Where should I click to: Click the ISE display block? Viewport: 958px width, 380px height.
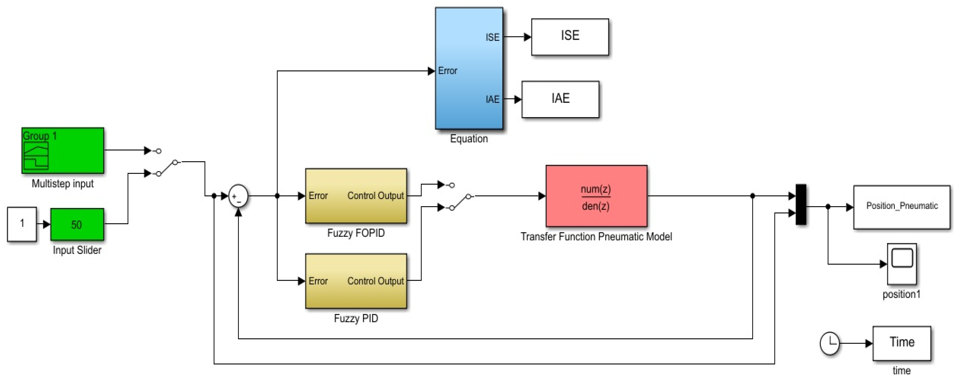(570, 37)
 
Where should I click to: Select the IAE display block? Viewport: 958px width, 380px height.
(560, 99)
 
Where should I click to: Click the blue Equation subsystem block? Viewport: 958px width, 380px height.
(469, 68)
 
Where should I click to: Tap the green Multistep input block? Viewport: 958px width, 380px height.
(62, 150)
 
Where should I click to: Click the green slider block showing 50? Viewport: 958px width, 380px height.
(77, 224)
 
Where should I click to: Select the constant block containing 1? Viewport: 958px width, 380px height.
(22, 224)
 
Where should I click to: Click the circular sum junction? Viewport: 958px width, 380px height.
(238, 196)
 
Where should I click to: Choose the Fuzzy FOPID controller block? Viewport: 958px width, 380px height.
(356, 196)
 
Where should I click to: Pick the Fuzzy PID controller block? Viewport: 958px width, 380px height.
(356, 281)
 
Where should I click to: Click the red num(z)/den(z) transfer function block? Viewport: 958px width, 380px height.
(596, 196)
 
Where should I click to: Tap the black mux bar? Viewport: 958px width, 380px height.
(801, 204)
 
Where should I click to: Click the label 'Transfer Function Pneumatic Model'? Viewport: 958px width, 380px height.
(596, 237)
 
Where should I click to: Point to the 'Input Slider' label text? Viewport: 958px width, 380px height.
(77, 250)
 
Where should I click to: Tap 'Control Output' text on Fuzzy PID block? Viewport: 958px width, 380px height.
(375, 281)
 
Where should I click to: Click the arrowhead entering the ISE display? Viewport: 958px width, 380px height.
(527, 37)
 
